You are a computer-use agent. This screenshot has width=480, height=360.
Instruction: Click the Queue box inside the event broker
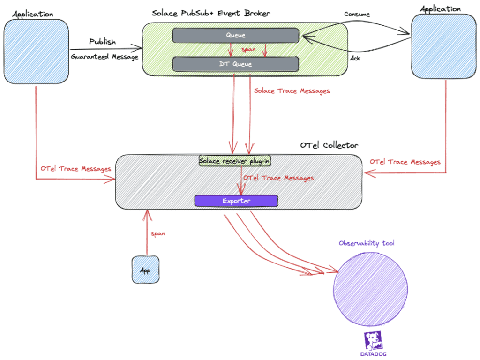pos(235,35)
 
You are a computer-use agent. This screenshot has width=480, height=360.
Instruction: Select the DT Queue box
pos(235,64)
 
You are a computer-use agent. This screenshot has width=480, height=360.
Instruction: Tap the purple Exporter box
pos(236,201)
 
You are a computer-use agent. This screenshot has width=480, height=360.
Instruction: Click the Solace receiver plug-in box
pos(235,161)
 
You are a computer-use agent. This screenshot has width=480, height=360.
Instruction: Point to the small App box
pos(145,270)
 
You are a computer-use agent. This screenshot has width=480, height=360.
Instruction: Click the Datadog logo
pos(374,344)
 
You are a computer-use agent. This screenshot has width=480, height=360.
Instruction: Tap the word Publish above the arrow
pos(102,42)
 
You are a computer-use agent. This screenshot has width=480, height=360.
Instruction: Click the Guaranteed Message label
pos(105,57)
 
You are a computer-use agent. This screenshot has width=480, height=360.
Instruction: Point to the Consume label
pos(357,15)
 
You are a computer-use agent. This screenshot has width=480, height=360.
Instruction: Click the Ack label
pos(355,59)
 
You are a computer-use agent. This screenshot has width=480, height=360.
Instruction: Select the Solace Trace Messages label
pos(292,91)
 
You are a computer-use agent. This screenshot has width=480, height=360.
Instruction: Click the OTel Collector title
pos(329,145)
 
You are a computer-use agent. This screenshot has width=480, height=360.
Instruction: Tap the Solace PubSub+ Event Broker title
pos(211,13)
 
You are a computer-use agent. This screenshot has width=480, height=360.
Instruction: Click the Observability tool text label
pos(367,243)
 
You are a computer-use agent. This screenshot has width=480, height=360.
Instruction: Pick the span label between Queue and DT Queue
pos(248,49)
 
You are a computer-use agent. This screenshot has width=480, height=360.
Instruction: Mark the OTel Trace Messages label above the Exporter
pos(278,178)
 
